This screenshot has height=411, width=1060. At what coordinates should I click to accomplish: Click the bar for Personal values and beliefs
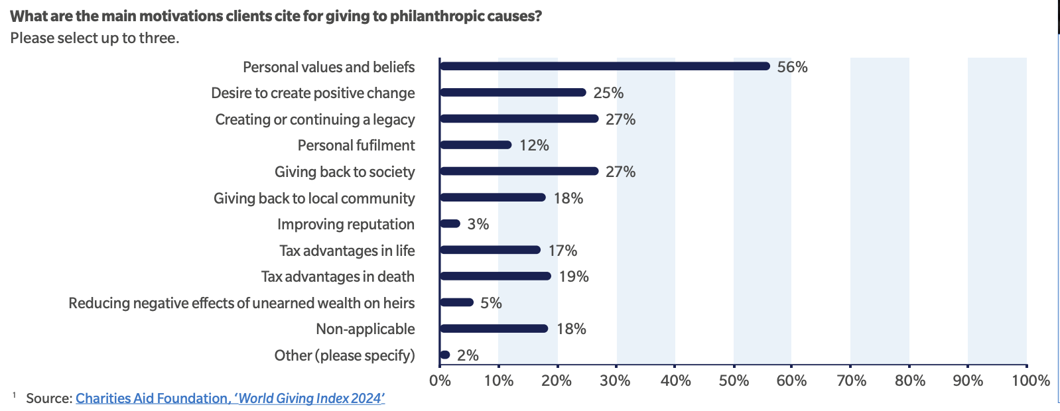click(x=604, y=66)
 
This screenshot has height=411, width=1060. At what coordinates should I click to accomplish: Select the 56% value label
click(x=792, y=67)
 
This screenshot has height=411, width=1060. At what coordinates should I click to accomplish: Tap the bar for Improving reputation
click(x=450, y=224)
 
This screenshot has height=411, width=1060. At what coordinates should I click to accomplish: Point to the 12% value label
click(x=534, y=146)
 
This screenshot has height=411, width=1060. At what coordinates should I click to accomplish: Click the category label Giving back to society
click(x=344, y=172)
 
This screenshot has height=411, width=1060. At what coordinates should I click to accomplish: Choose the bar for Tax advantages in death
click(x=495, y=276)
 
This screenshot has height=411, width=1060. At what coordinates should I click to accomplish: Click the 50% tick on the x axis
click(x=734, y=381)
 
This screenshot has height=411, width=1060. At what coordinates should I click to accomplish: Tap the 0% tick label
click(x=440, y=381)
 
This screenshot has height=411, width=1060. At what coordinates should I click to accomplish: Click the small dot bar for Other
click(x=444, y=355)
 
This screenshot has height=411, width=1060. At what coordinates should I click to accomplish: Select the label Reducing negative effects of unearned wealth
click(x=241, y=303)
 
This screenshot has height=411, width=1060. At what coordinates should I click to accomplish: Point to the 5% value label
click(x=491, y=303)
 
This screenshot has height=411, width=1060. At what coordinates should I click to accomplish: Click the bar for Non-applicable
click(x=494, y=329)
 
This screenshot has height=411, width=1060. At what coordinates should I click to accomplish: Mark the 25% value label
click(x=608, y=93)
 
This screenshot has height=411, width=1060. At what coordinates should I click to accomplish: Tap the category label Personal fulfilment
click(x=356, y=146)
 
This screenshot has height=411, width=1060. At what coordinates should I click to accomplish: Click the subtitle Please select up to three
click(x=95, y=38)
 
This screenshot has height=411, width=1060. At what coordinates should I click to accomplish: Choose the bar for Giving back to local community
click(x=492, y=198)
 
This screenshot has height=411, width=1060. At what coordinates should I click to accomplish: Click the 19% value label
click(x=574, y=276)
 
